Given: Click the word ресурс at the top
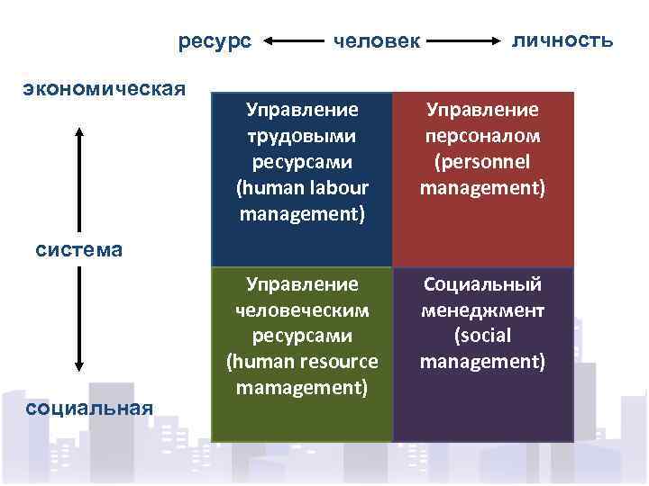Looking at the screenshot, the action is tap(215, 41).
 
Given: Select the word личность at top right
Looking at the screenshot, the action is tap(562, 40).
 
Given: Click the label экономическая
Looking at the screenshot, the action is tap(105, 88).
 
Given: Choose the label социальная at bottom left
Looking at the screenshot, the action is tap(89, 408).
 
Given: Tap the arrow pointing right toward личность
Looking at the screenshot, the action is tap(465, 41).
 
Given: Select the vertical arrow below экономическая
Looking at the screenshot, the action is tap(80, 180).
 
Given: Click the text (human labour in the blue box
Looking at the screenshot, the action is tap(302, 189).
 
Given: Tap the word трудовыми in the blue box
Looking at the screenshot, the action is tap(302, 137).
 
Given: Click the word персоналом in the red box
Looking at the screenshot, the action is tap(483, 137).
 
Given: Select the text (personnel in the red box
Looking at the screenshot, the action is tap(483, 163).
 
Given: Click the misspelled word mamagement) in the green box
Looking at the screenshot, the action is tap(302, 388).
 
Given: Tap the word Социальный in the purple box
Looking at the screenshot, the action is tap(483, 284).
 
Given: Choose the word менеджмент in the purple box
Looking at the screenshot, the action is tap(483, 310).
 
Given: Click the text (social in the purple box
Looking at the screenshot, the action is tap(483, 336).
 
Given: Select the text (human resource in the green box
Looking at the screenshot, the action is tap(302, 362).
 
